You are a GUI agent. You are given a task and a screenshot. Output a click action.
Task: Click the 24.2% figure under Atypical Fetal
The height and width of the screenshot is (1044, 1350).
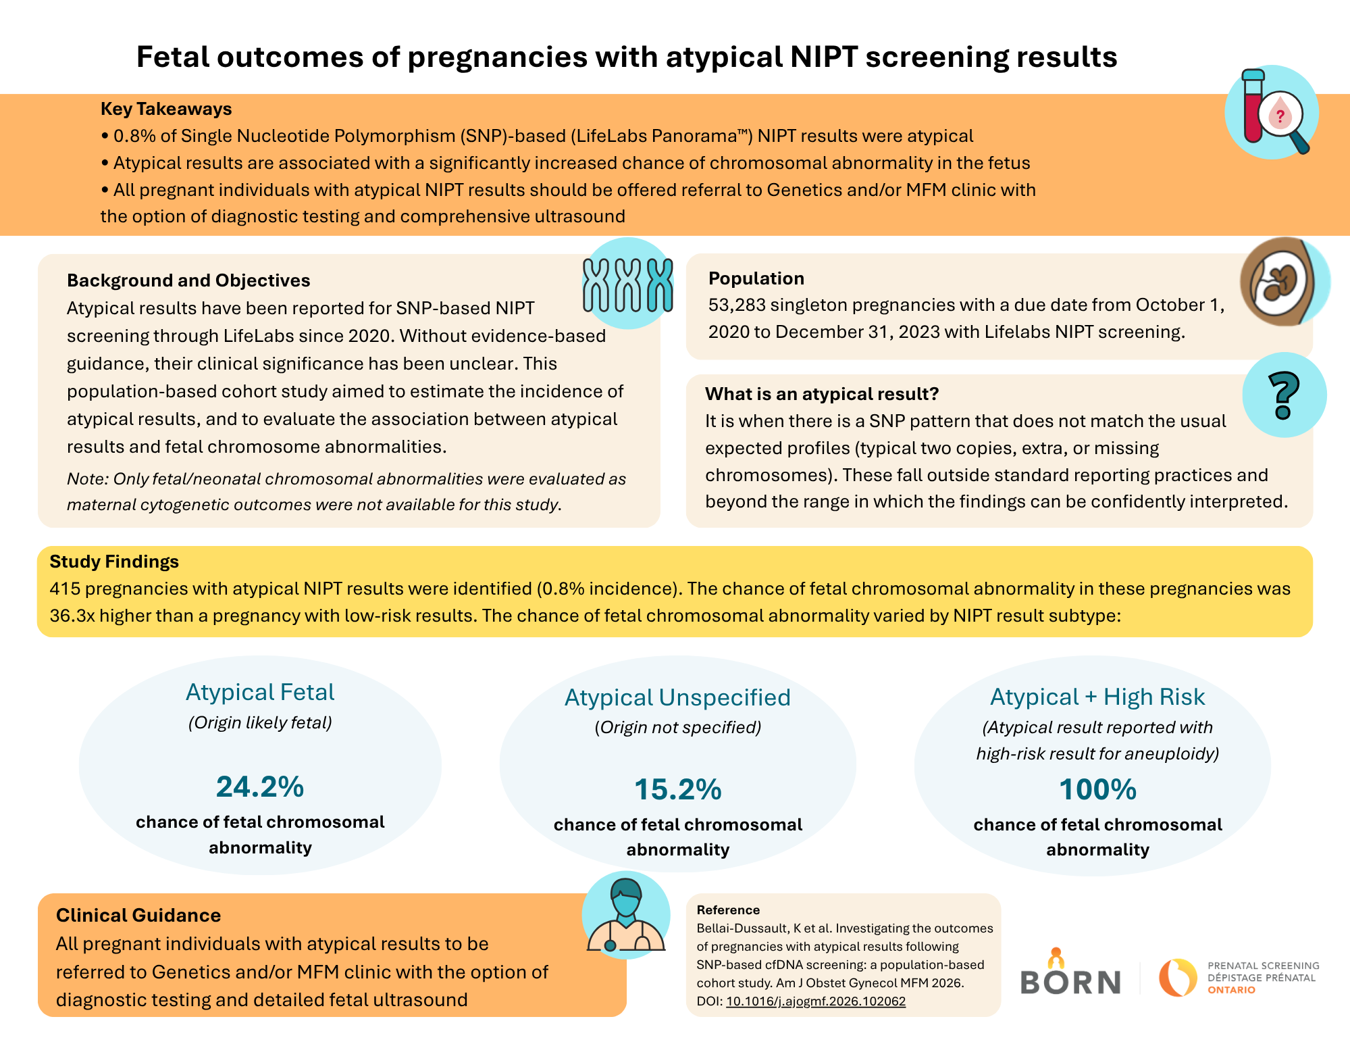click(260, 787)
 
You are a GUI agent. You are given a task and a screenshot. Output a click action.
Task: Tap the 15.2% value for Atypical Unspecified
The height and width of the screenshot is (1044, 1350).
click(678, 789)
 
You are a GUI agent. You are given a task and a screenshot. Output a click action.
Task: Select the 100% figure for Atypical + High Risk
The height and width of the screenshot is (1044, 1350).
click(1098, 789)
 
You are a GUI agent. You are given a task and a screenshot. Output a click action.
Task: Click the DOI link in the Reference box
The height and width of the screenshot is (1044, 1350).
click(816, 1001)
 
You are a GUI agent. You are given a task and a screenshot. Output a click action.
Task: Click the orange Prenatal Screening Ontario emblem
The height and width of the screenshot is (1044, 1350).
click(1178, 977)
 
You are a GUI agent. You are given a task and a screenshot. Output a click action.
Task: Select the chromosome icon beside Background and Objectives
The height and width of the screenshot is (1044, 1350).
click(628, 284)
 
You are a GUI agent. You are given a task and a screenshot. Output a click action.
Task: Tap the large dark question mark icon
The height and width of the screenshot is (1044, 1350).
click(1283, 395)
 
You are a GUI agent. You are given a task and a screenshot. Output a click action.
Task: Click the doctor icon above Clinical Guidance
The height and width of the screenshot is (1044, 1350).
click(626, 916)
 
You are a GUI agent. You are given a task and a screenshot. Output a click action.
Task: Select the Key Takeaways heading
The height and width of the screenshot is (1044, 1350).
click(166, 109)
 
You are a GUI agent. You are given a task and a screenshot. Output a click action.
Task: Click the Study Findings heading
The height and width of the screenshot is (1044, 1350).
click(114, 562)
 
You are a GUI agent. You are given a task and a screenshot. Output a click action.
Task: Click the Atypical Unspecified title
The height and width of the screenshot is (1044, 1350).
click(677, 697)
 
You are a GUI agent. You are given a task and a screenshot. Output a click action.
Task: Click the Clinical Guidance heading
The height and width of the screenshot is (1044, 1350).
click(138, 915)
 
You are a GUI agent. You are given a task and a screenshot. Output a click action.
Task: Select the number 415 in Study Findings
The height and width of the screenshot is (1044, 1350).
click(65, 589)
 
